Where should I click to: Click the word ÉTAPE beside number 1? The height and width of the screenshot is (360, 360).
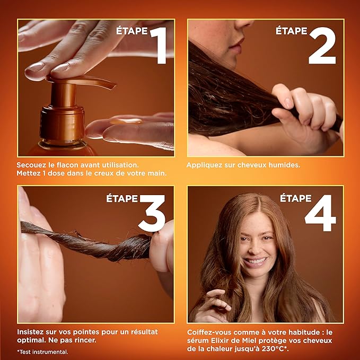click(x=132, y=31)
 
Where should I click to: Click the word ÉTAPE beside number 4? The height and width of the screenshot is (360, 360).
click(x=295, y=198)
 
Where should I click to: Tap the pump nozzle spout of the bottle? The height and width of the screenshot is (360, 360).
click(x=101, y=83)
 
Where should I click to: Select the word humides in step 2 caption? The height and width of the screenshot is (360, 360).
click(x=284, y=165)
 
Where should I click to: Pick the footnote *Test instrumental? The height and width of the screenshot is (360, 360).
click(x=42, y=351)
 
